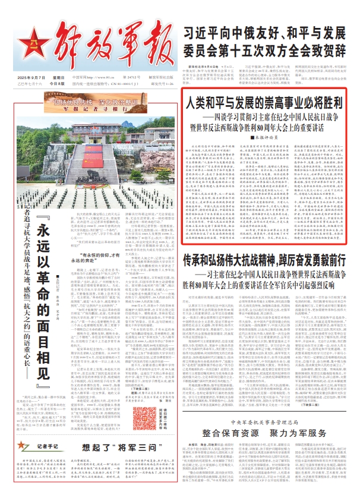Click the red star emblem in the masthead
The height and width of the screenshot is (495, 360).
click(x=22, y=45)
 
